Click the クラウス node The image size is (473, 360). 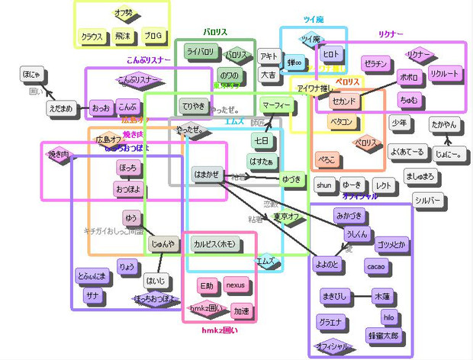tap(92, 37)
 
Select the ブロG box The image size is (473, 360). tap(153, 36)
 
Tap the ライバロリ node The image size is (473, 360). tap(200, 52)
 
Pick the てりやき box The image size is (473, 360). tap(195, 104)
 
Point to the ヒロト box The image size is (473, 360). tap(331, 55)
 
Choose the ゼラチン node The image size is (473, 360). tap(375, 63)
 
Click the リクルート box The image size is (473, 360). tap(444, 74)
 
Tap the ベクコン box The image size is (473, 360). tap(341, 121)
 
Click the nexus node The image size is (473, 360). tap(235, 285)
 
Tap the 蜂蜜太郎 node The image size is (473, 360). tap(383, 335)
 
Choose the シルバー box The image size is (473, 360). tap(428, 200)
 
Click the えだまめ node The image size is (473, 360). tap(61, 108)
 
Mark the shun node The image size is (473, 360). tap(324, 185)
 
